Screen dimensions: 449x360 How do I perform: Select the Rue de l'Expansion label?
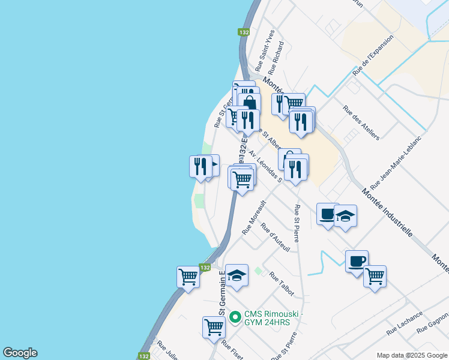coord(373,55)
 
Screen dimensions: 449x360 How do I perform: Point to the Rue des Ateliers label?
coord(361,123)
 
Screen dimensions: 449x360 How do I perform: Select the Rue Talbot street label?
coord(282,284)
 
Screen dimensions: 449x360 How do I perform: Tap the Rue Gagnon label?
coord(434,322)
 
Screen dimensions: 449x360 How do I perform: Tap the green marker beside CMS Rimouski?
coord(235,316)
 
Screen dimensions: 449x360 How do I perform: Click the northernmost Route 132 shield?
coord(243,32)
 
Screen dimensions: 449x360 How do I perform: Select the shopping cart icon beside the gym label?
coord(214,327)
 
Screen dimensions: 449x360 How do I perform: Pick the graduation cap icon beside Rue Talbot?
coord(237,275)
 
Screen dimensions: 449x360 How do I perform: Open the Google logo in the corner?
coord(20,353)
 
